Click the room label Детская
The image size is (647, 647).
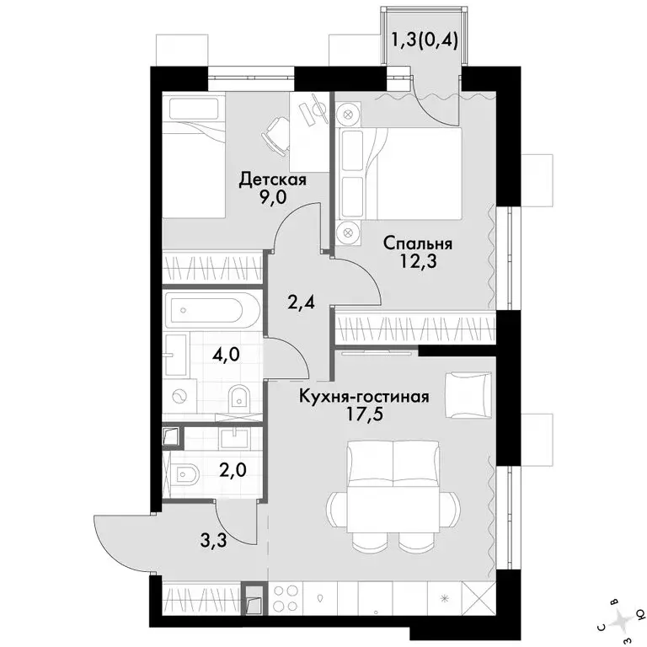point(273,180)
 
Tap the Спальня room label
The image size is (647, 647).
point(418,243)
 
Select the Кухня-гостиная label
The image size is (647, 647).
point(364,397)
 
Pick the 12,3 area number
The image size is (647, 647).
point(419,261)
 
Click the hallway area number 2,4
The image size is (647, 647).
point(302,303)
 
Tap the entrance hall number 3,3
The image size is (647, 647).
point(214,541)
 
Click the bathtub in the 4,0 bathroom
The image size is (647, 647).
point(212,310)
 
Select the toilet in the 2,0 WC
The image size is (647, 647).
point(184,474)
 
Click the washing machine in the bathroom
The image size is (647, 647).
point(179,397)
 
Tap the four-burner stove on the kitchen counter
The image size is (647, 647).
point(285,597)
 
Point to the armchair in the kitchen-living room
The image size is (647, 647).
point(468,395)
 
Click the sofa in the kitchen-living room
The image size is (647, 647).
point(393,463)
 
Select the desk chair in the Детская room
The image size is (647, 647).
point(275,136)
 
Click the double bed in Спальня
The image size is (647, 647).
point(399,173)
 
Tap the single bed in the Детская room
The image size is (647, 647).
point(194,156)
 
